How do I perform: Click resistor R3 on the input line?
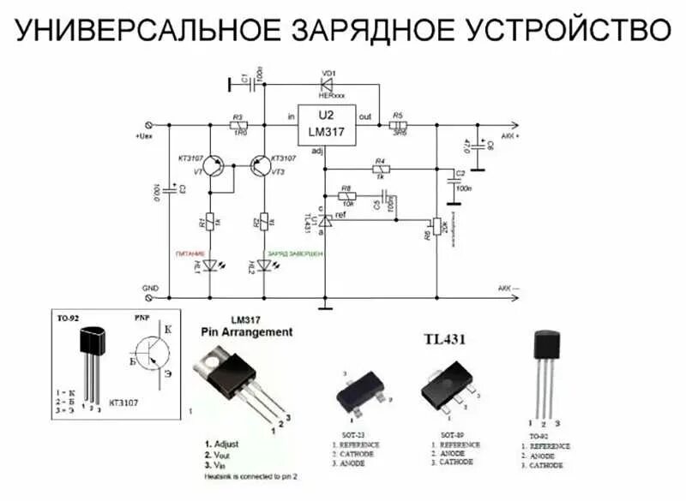pyautogui.click(x=239, y=125)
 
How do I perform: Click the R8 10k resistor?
pyautogui.click(x=347, y=196)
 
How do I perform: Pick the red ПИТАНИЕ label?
pyautogui.click(x=189, y=255)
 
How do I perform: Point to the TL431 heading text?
pyautogui.click(x=444, y=340)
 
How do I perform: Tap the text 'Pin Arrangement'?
pyautogui.click(x=246, y=331)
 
